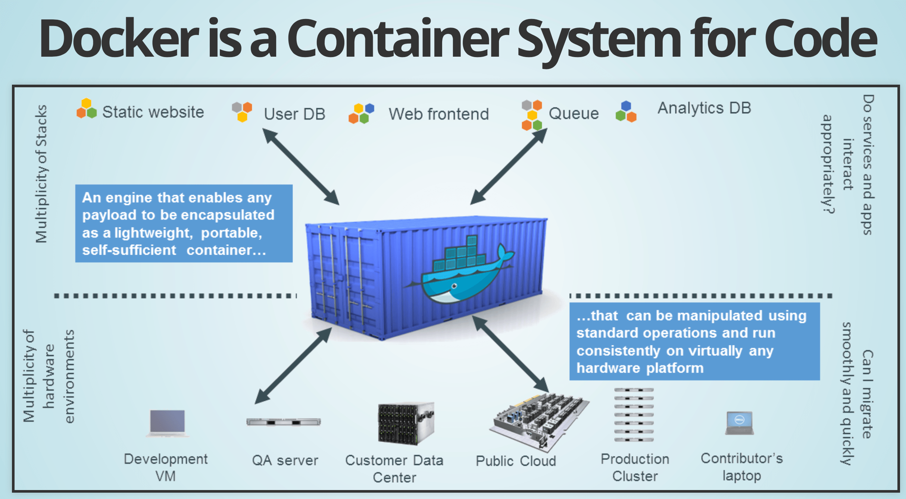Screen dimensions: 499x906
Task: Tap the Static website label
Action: pyautogui.click(x=153, y=112)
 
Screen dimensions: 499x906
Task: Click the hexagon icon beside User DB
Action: pyautogui.click(x=242, y=111)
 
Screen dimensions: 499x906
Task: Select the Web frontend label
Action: pyautogui.click(x=438, y=114)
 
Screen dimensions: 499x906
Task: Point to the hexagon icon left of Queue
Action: pyautogui.click(x=532, y=115)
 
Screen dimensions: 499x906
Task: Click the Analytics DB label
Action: pyautogui.click(x=704, y=108)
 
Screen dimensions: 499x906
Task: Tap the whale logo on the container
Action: pyautogui.click(x=463, y=272)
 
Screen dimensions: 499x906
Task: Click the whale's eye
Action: pyautogui.click(x=454, y=286)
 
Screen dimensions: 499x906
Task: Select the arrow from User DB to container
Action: pyautogui.click(x=301, y=166)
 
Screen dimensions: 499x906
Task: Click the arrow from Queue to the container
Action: pyautogui.click(x=508, y=166)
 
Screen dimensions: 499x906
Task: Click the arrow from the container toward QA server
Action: pyautogui.click(x=293, y=365)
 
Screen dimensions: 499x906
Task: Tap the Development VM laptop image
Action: pyautogui.click(x=167, y=423)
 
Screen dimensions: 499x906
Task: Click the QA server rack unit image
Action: pyautogui.click(x=284, y=422)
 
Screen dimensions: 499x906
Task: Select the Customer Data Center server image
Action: pyautogui.click(x=406, y=424)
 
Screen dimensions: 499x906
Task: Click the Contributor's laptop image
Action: pyautogui.click(x=740, y=423)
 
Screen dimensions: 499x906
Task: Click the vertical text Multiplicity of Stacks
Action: pyautogui.click(x=42, y=174)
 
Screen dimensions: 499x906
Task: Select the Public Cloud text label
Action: pyautogui.click(x=516, y=461)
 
